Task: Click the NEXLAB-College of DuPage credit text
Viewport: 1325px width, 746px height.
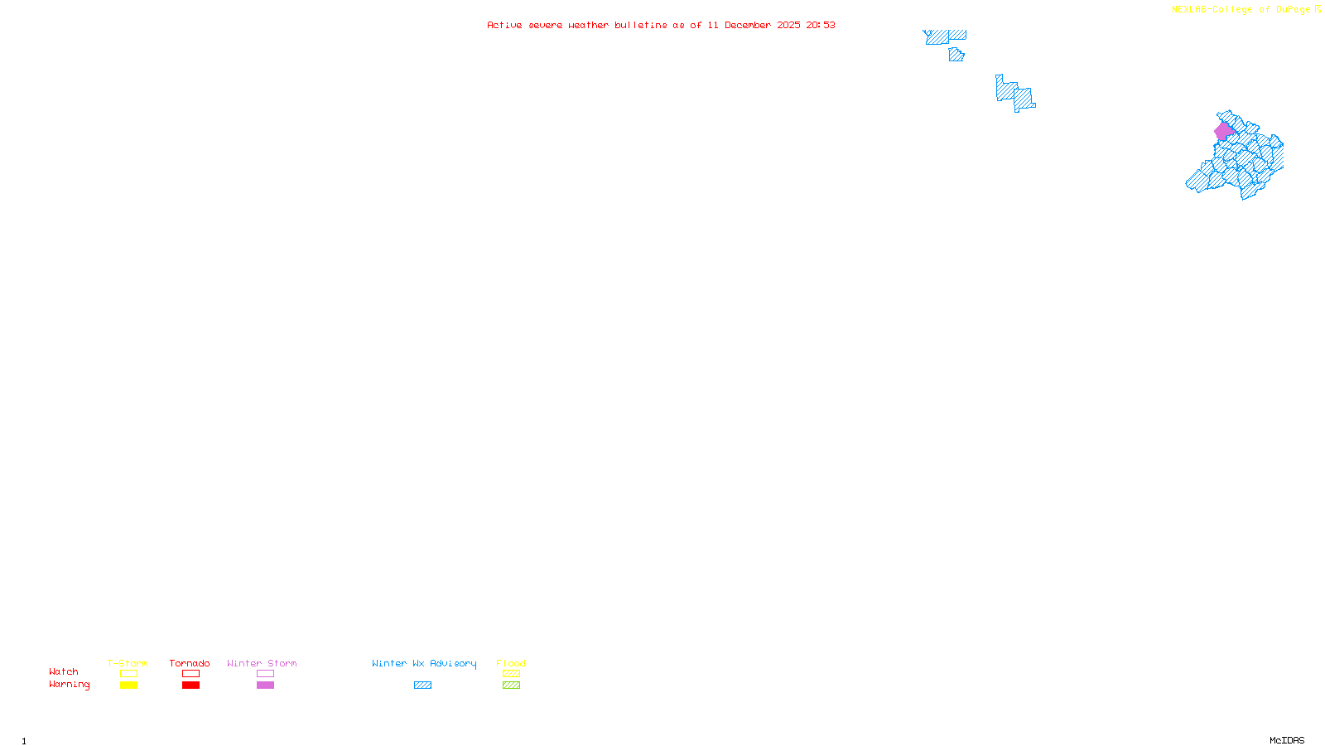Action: point(1241,10)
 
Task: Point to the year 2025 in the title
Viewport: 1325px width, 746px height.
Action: point(788,25)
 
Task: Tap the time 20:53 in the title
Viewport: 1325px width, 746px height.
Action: point(821,25)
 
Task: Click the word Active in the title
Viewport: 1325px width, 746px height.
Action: point(504,25)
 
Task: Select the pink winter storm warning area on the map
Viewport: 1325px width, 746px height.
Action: point(1223,131)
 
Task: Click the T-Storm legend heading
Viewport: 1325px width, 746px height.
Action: point(128,663)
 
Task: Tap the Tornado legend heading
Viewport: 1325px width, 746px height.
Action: point(190,663)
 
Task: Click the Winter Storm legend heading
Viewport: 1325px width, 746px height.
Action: point(262,663)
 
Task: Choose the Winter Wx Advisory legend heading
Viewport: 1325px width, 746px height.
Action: point(424,663)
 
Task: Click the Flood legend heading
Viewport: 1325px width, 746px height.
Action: point(511,663)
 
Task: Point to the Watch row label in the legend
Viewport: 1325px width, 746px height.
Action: point(64,671)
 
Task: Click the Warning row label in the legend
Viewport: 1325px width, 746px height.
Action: point(70,685)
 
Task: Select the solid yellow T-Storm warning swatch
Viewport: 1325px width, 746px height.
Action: point(128,685)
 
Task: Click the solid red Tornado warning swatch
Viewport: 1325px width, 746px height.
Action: point(190,685)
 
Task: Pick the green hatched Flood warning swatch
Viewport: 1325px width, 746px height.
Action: point(511,685)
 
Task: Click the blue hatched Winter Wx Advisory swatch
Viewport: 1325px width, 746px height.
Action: point(422,685)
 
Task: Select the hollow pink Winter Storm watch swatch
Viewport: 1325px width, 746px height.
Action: point(265,674)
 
